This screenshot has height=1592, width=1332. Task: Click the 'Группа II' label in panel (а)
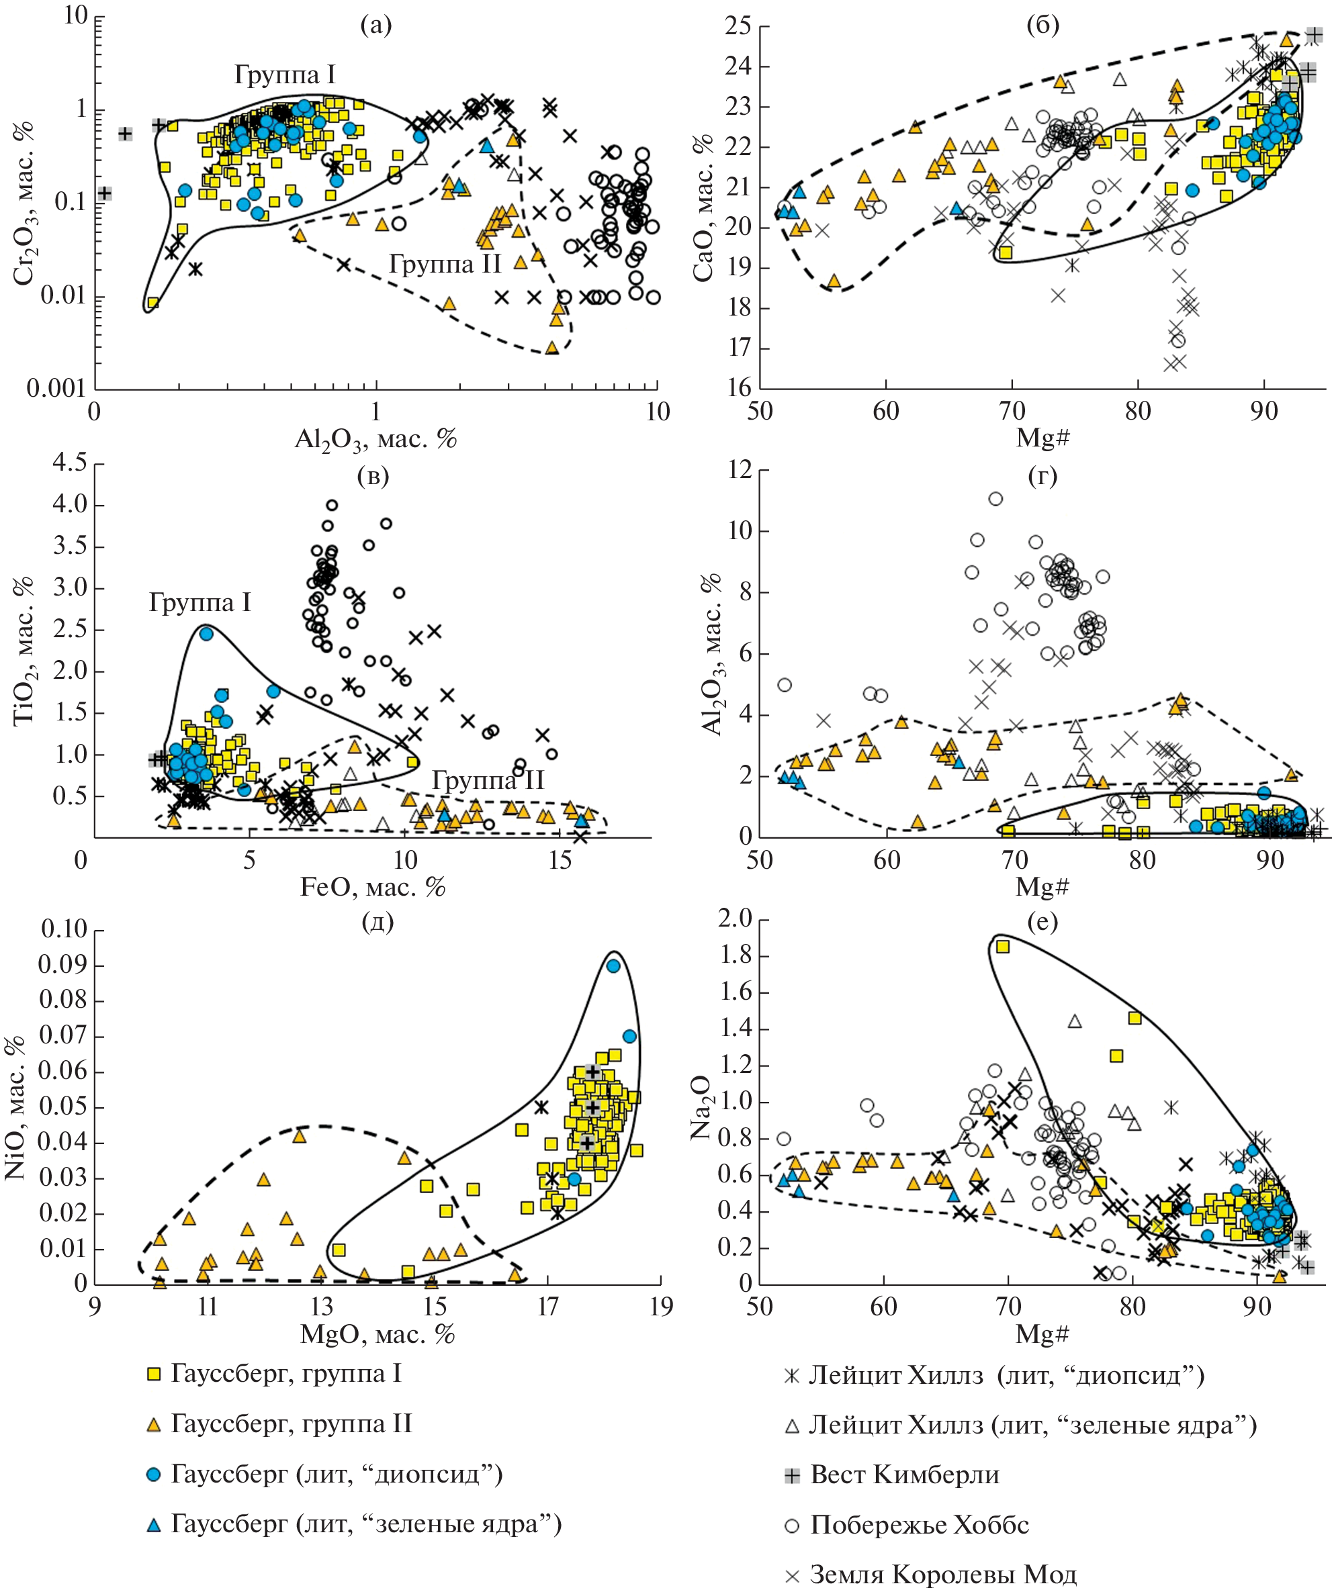tap(445, 263)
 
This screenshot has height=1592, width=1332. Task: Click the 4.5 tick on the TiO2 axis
tap(69, 463)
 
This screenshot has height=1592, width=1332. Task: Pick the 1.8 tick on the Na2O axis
tap(735, 954)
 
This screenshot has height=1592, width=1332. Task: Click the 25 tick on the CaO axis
tap(738, 27)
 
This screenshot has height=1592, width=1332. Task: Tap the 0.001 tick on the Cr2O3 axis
tap(56, 389)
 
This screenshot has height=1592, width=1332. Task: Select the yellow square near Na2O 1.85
tap(1003, 946)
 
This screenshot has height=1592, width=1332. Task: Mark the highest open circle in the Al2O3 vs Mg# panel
tap(996, 498)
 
